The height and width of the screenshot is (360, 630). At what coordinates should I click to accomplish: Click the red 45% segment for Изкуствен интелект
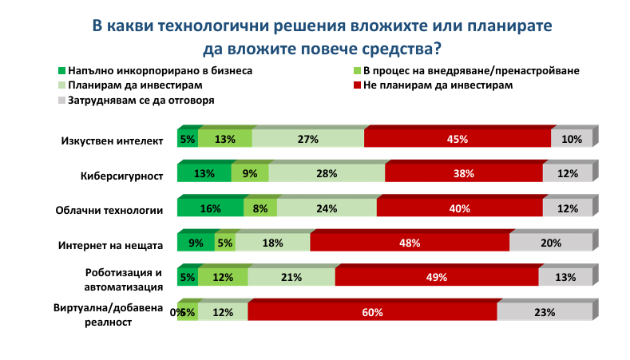458,139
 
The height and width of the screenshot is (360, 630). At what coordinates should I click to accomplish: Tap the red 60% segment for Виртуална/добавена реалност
372,312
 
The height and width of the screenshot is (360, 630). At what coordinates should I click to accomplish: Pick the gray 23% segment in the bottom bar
545,312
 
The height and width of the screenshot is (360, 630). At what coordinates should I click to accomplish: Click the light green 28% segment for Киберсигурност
327,174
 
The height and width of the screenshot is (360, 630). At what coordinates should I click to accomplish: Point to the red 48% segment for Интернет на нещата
410,243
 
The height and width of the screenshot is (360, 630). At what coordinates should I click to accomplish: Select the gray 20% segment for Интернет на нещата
551,243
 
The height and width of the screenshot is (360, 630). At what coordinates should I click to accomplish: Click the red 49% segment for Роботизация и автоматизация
437,278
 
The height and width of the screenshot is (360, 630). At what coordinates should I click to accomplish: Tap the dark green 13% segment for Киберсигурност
204,174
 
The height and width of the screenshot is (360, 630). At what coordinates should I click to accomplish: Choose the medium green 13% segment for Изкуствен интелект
225,139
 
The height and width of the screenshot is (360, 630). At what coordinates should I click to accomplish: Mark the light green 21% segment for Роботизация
291,278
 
